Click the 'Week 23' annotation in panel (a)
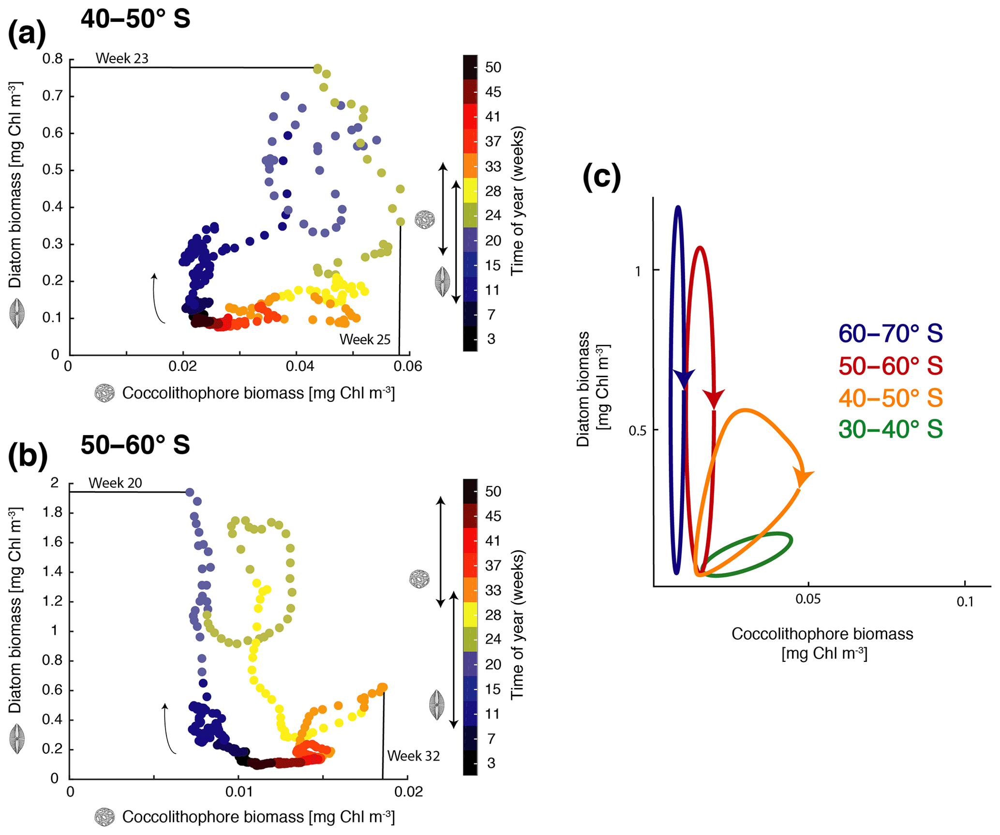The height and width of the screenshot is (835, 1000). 122,59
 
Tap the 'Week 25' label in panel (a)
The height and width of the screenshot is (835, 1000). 364,340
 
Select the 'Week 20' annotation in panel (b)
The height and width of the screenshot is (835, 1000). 115,483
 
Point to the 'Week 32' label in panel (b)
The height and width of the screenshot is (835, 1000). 414,756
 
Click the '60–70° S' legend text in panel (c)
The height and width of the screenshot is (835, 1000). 890,334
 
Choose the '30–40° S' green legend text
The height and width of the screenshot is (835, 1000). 890,429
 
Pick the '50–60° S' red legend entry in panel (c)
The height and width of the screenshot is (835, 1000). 890,366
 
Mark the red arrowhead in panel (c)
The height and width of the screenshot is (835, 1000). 714,399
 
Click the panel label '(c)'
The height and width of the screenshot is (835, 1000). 601,177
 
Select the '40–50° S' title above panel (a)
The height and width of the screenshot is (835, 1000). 135,19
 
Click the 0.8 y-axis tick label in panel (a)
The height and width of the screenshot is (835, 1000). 53,59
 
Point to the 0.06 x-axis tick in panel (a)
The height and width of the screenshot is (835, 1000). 408,366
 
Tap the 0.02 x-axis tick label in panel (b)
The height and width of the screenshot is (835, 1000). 409,791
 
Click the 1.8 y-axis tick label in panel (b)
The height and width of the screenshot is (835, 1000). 53,513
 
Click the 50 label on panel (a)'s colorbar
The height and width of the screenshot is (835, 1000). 493,68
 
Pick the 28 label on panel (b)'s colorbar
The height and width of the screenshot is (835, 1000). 493,615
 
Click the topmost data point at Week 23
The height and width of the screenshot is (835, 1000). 317,69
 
